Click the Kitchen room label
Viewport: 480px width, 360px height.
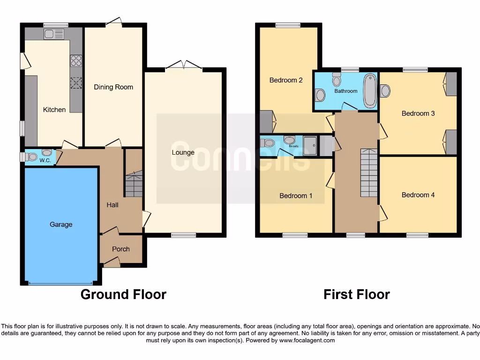(x=54, y=110)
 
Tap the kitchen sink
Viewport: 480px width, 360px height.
(x=53, y=34)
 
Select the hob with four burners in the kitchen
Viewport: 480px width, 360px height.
(x=76, y=61)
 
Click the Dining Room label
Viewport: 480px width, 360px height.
(x=113, y=87)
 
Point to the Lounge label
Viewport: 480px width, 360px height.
(x=183, y=152)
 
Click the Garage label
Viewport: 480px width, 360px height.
(x=61, y=225)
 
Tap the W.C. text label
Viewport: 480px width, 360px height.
(x=45, y=161)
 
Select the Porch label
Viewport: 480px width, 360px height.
(x=120, y=249)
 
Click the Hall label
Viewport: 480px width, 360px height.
(x=112, y=205)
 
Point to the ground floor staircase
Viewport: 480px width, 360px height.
(x=134, y=185)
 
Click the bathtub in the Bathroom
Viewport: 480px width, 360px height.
(x=370, y=90)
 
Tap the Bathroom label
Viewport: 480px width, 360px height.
(x=346, y=91)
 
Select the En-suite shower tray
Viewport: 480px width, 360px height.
(x=310, y=145)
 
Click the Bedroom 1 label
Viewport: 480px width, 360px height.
(x=296, y=195)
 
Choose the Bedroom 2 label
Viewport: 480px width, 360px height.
(x=286, y=80)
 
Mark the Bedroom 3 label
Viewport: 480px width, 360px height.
(x=418, y=113)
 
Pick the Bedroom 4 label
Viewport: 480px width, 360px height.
(x=418, y=195)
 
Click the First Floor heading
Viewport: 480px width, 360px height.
(x=356, y=294)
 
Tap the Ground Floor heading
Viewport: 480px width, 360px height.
(x=123, y=294)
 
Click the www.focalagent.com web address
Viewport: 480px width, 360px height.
(x=307, y=340)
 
